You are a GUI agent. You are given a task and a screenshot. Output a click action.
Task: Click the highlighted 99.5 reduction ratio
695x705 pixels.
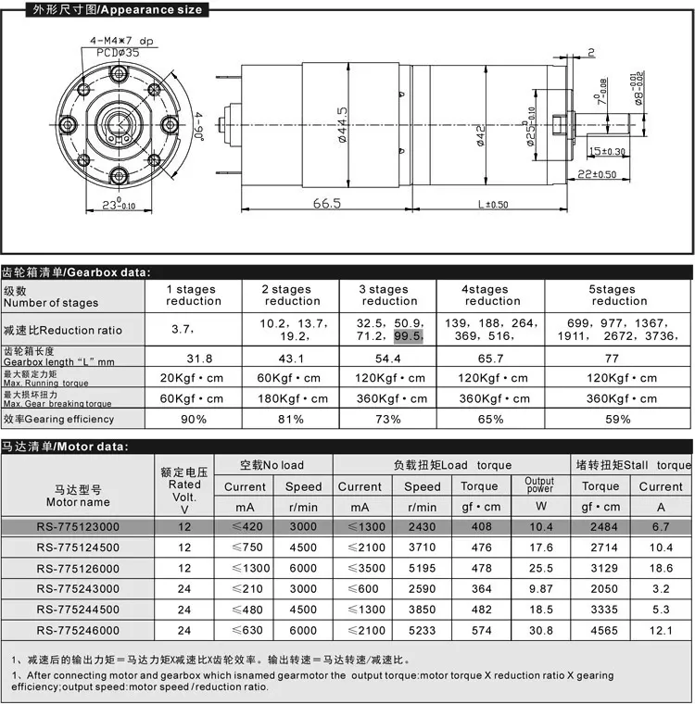pos(408,336)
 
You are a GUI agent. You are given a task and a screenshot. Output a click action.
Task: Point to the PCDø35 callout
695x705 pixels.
pos(118,54)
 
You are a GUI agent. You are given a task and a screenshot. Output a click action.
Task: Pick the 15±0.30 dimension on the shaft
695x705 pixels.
pos(607,151)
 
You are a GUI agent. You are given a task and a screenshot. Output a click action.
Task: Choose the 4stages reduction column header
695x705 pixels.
pos(490,295)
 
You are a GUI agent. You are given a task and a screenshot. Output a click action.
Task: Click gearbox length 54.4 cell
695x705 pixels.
pos(389,358)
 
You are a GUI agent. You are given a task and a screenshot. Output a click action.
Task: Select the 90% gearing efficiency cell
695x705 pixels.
pos(193,419)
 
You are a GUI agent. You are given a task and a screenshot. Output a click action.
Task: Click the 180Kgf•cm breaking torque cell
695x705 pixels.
pos(292,398)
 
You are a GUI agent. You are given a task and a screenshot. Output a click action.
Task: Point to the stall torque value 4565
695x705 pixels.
pos(600,631)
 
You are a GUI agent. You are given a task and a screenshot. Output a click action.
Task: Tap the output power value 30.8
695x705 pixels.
pos(538,631)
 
